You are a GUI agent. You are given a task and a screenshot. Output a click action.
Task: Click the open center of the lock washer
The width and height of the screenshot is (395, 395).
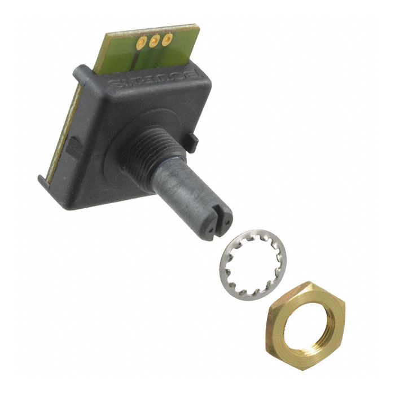pyautogui.click(x=252, y=264)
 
